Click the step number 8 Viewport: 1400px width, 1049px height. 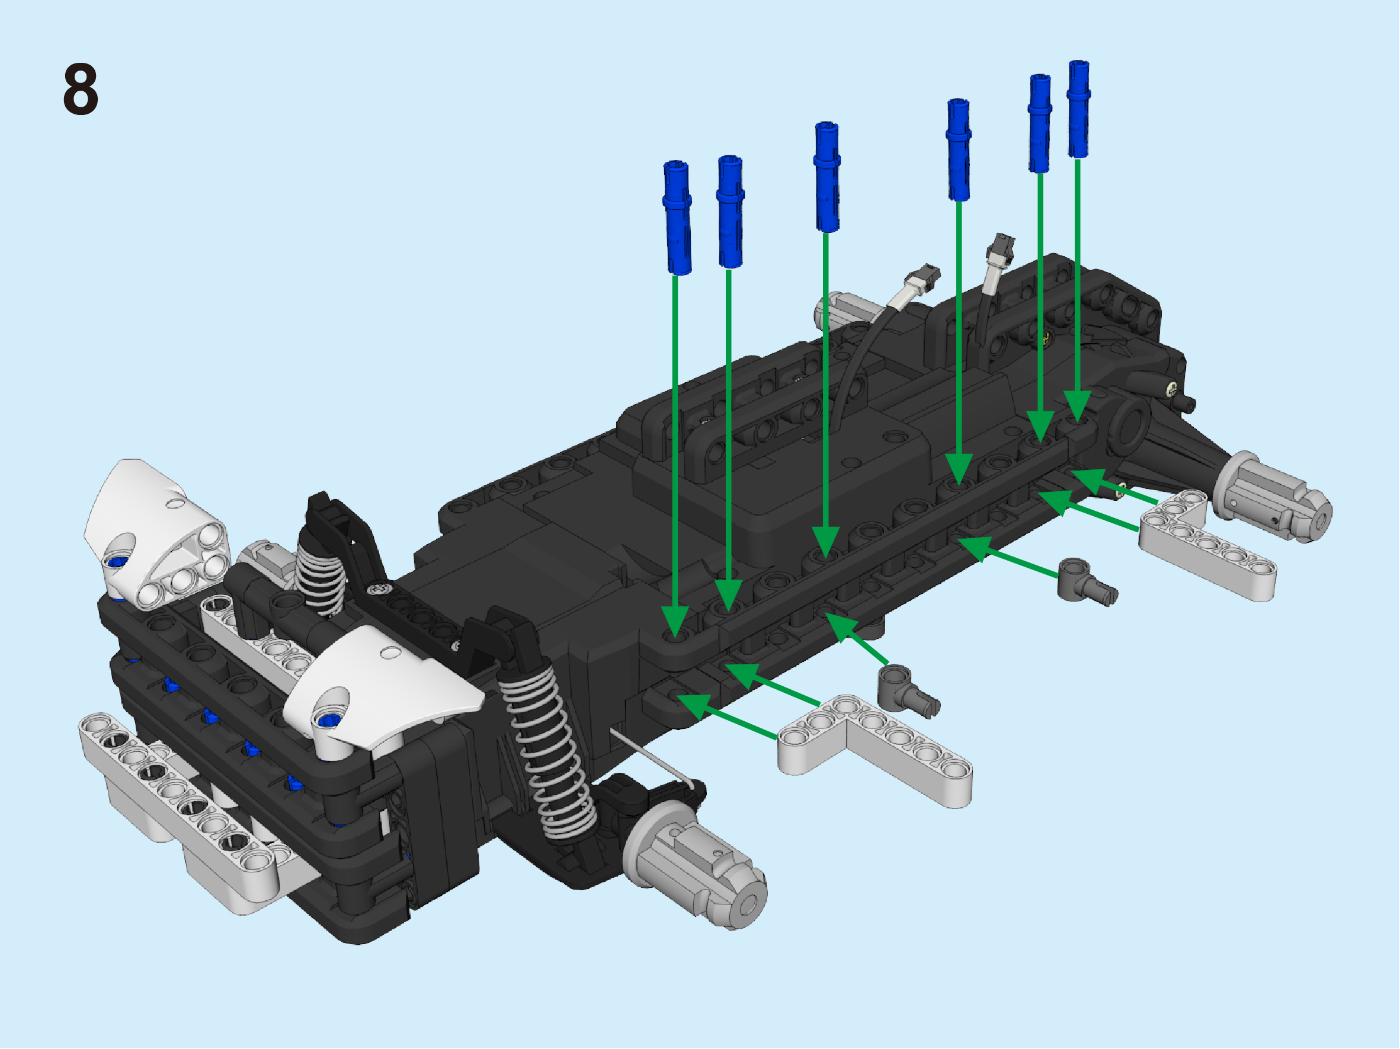pos(81,89)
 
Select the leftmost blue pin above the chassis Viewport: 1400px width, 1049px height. pos(677,217)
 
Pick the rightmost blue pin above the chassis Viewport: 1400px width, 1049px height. pos(1078,109)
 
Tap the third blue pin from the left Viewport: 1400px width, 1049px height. pos(826,177)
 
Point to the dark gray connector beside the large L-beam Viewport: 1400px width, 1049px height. pos(908,690)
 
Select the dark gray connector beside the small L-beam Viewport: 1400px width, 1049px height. pos(1085,581)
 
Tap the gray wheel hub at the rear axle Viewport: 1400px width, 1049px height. pos(1272,498)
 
